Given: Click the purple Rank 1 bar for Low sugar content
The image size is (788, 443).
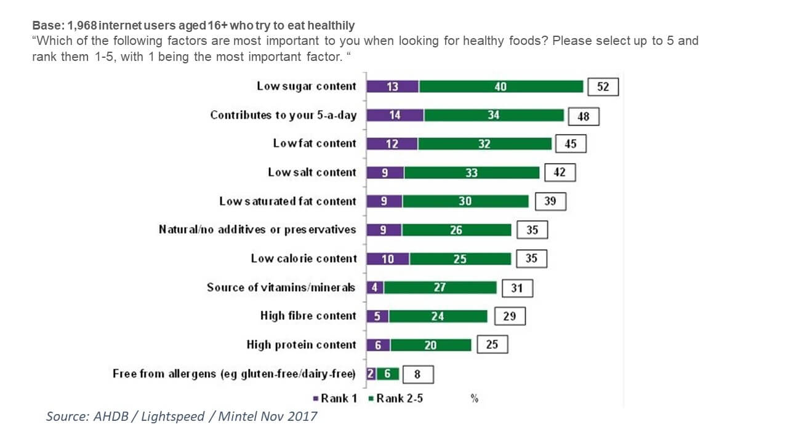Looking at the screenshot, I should pyautogui.click(x=392, y=87).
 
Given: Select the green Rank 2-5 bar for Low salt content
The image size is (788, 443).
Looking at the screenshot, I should pyautogui.click(x=472, y=173).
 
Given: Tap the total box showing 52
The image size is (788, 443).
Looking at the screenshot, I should pyautogui.click(x=603, y=87).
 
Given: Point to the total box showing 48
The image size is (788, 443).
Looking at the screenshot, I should pyautogui.click(x=583, y=116).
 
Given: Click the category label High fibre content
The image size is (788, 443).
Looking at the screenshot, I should pyautogui.click(x=308, y=316).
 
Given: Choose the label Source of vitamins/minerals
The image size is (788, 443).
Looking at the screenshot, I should pyautogui.click(x=281, y=287).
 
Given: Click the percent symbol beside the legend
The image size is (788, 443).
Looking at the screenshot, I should pyautogui.click(x=475, y=398).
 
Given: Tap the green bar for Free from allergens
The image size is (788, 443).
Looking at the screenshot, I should pyautogui.click(x=387, y=373).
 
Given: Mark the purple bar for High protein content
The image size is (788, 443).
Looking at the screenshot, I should pyautogui.click(x=378, y=345).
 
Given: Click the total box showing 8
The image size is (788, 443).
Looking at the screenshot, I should pyautogui.click(x=419, y=374).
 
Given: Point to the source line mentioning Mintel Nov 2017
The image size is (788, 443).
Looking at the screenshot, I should pyautogui.click(x=182, y=417).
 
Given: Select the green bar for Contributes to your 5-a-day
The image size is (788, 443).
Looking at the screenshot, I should pyautogui.click(x=493, y=115).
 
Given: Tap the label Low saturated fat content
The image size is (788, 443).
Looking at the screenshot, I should pyautogui.click(x=287, y=201).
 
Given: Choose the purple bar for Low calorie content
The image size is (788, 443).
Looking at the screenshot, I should pyautogui.click(x=387, y=259).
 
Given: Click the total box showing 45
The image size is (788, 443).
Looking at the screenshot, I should pyautogui.click(x=570, y=144).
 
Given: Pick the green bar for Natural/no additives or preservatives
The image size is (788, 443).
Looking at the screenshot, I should pyautogui.click(x=456, y=230).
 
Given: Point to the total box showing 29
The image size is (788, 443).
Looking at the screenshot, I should pyautogui.click(x=509, y=316).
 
